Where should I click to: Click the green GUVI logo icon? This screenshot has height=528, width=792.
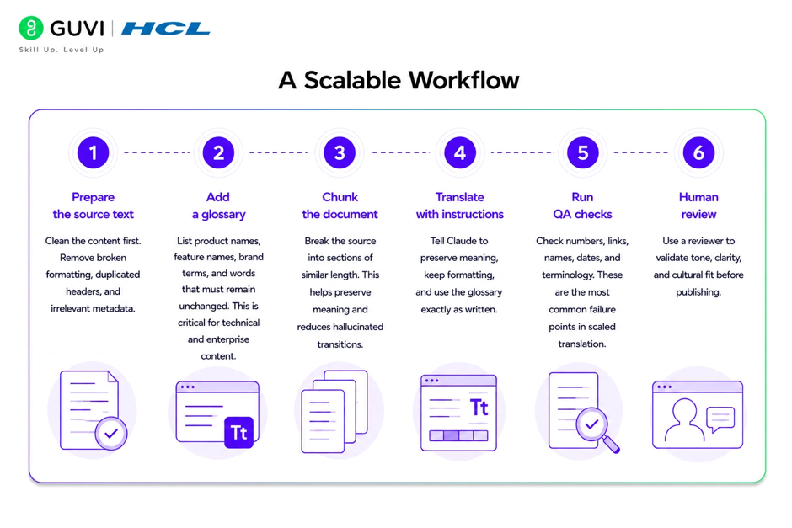31,28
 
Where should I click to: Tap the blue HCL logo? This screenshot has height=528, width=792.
166,29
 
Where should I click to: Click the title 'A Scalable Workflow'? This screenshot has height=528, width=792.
399,80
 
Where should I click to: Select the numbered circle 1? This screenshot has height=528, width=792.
93,152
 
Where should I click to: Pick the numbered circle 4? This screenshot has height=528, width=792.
460,152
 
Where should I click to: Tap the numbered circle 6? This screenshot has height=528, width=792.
698,152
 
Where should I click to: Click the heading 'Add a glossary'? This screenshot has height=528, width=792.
218,205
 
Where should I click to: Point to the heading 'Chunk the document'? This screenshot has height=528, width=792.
340,205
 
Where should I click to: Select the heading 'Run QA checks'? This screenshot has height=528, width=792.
582,205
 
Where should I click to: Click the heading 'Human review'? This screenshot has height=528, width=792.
698,205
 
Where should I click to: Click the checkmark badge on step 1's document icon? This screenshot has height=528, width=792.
111,433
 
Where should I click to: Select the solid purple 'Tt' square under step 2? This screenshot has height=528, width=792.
239,432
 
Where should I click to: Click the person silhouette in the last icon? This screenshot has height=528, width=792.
684,419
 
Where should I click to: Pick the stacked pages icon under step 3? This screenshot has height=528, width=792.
334,412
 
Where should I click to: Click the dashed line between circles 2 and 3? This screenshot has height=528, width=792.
278,152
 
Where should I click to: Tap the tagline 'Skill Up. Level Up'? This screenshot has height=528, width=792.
62,50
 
